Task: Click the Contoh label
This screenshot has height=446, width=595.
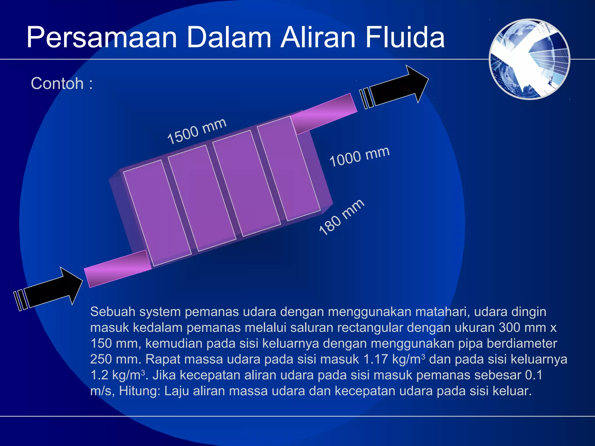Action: tap(58, 84)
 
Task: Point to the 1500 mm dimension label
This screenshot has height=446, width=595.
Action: tap(197, 131)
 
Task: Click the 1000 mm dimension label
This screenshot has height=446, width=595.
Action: tap(359, 157)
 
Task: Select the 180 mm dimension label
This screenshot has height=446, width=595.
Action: tap(341, 217)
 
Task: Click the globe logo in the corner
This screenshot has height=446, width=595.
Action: tap(529, 59)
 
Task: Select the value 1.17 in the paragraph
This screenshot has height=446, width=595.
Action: tap(376, 359)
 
